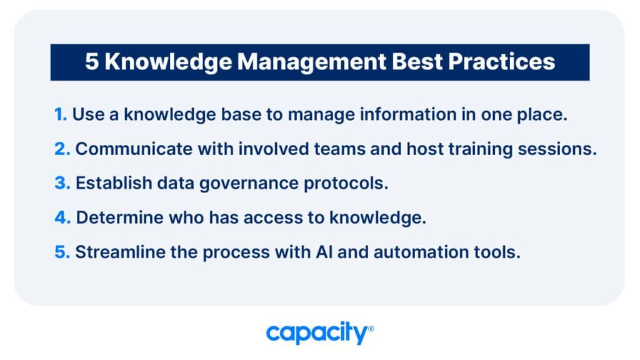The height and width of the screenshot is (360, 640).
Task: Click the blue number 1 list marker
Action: [61, 115]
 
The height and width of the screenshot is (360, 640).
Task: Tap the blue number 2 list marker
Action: [62, 149]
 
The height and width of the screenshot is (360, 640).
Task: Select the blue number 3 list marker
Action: [62, 183]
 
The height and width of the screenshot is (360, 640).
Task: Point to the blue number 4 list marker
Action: [63, 217]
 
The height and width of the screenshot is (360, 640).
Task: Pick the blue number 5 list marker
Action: [62, 252]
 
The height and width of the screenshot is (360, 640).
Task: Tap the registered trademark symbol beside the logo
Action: [371, 329]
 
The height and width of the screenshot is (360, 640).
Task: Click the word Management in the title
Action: [311, 62]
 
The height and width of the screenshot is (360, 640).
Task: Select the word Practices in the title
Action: [502, 62]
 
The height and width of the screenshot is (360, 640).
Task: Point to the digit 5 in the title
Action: [92, 62]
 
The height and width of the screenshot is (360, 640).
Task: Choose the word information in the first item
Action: [407, 114]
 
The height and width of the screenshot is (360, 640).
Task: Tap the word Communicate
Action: [134, 149]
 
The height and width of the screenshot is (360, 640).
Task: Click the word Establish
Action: [114, 183]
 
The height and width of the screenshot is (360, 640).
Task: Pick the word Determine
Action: [119, 217]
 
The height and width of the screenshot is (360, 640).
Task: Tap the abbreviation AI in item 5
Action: [324, 252]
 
